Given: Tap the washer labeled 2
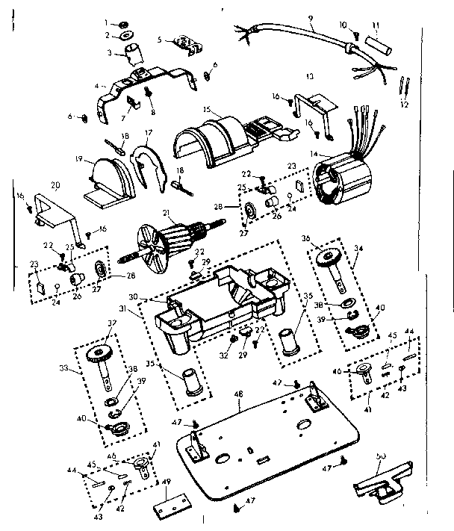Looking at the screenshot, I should [x=124, y=35].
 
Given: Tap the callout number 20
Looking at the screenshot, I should [x=55, y=184].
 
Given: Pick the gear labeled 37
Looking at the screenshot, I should [x=98, y=355].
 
